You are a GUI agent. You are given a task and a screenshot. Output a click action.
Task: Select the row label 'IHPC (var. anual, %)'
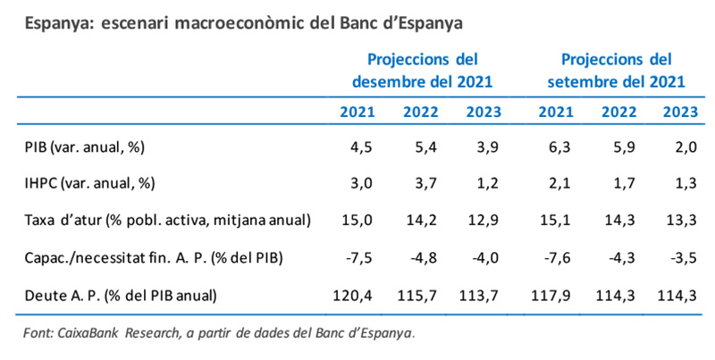tap(89, 183)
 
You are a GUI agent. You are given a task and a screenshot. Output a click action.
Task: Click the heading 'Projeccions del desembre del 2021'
tap(423, 71)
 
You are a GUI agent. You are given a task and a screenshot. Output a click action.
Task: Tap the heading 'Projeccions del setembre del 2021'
tap(616, 71)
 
